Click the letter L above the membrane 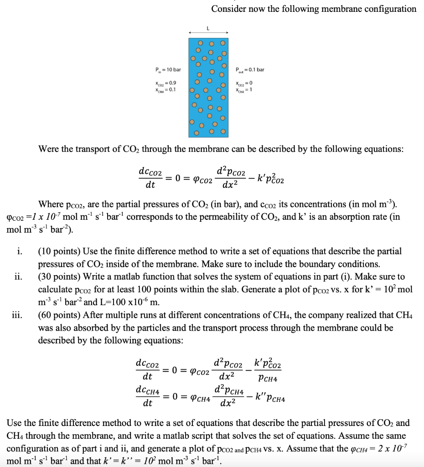click(x=208, y=28)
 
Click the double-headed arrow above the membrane click(x=208, y=33)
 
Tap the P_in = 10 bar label click(x=168, y=70)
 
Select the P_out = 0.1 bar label click(x=250, y=70)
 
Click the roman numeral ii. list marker click(x=18, y=277)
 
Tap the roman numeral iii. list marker click(x=16, y=315)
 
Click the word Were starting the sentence click(x=49, y=149)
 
